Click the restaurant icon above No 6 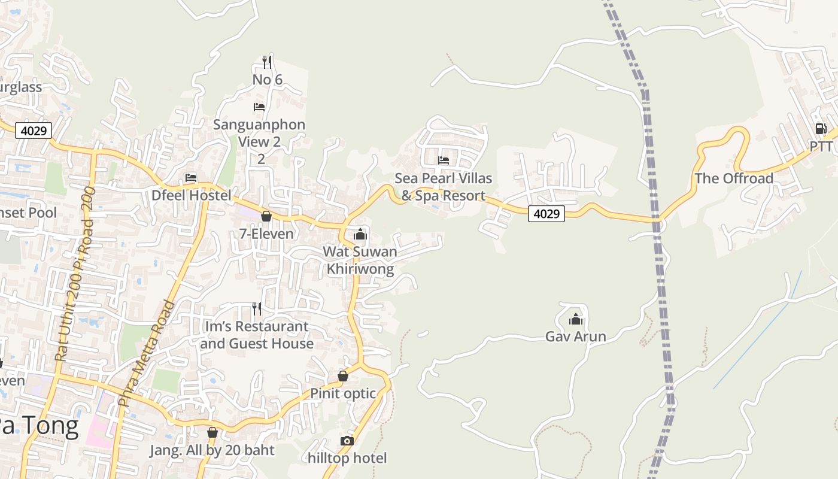[x=267, y=62]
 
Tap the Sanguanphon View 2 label [x=259, y=133]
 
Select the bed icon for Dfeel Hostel [x=191, y=178]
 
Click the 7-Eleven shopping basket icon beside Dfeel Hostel [x=266, y=216]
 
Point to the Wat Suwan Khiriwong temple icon [x=360, y=234]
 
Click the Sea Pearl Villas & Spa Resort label [x=443, y=187]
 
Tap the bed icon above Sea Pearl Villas [x=444, y=160]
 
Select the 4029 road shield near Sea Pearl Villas [x=546, y=213]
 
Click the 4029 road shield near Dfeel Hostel [x=34, y=131]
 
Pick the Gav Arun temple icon [x=576, y=319]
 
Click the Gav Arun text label [x=576, y=336]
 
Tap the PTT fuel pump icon [x=821, y=129]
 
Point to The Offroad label [x=734, y=178]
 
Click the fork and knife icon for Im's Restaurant [x=257, y=309]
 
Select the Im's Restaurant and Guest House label [x=257, y=335]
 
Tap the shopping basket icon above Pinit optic [x=343, y=376]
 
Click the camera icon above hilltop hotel [x=347, y=441]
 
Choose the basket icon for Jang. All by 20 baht [x=212, y=432]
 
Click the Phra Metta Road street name [x=147, y=353]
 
